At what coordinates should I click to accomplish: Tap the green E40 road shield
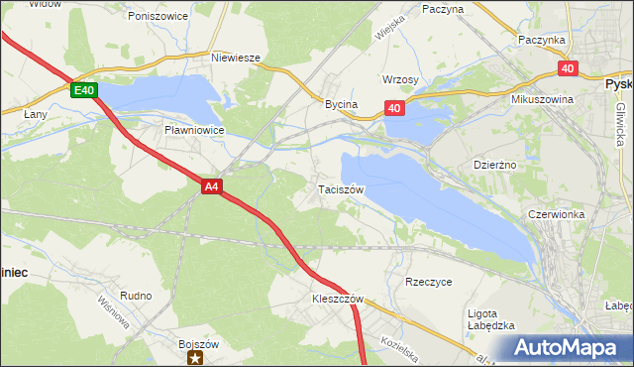(84, 90)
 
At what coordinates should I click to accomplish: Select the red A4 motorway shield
(210, 185)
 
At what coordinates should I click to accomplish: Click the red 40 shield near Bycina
(394, 108)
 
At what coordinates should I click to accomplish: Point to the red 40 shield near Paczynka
(567, 67)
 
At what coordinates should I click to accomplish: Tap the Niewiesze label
(236, 58)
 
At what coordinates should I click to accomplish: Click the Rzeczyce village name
(428, 282)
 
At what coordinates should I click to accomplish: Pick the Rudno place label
(136, 296)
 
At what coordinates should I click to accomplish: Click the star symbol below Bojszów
(197, 358)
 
